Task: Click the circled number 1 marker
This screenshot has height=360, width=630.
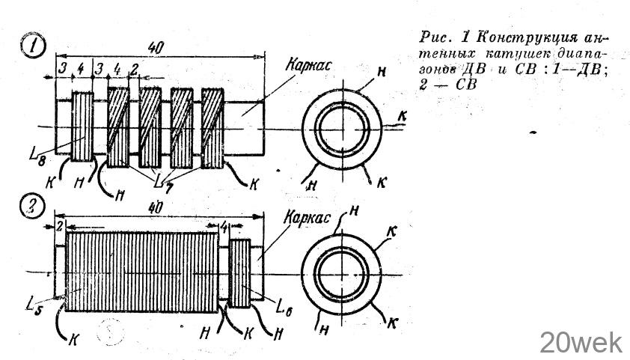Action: coord(34,47)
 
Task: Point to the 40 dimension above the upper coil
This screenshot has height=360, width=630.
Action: coord(156,47)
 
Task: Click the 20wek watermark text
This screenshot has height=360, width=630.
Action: coord(581,343)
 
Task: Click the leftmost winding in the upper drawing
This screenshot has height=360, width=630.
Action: coord(82,126)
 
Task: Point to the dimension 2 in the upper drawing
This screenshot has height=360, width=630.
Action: coord(134,70)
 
